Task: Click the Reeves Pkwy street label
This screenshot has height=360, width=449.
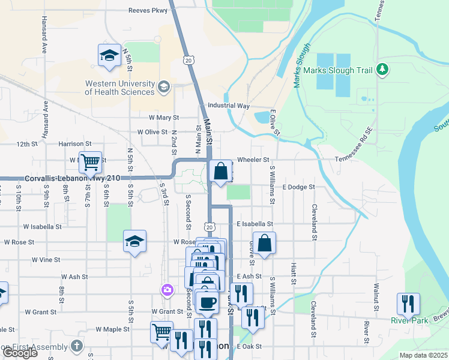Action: point(148,10)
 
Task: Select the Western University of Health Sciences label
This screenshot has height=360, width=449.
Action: point(119,88)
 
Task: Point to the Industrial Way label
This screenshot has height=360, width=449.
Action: point(228,106)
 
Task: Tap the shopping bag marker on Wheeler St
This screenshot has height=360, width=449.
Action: point(220,172)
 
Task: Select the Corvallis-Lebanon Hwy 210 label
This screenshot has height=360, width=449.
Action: point(73,178)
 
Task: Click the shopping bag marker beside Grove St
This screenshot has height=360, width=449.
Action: point(264,244)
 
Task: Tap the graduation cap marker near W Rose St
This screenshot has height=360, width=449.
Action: point(134,242)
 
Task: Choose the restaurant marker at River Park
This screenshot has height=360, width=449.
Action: point(408,304)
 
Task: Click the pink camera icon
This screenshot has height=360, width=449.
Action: point(167,290)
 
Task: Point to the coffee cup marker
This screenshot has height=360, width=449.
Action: point(208,303)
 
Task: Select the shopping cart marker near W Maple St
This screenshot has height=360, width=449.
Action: point(161,332)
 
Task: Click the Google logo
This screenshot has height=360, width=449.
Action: point(20,353)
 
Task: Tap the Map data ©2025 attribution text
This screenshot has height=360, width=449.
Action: point(423,355)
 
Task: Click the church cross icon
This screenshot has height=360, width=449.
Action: point(76,346)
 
